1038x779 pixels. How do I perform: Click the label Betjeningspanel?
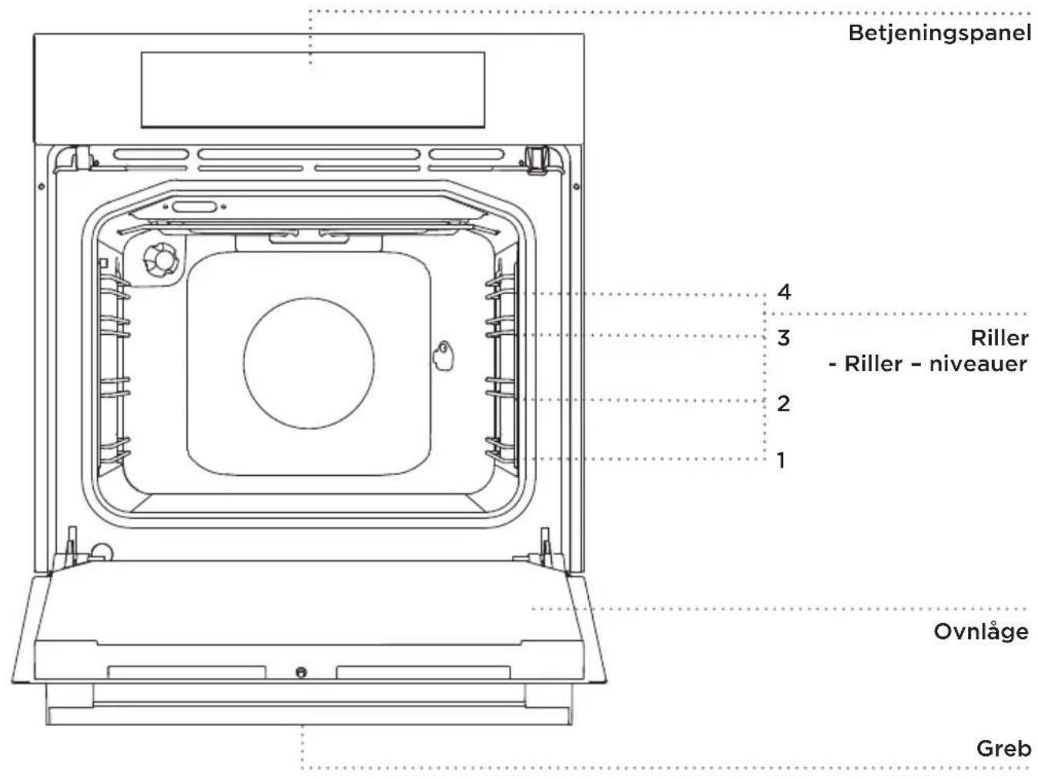pos(939,34)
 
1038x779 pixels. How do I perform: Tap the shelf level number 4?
pos(784,293)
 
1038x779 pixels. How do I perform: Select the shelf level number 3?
pos(783,338)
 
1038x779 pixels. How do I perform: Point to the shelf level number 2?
pos(783,403)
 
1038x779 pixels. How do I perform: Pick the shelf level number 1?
pos(782,460)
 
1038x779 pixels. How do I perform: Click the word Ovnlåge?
pos(980,631)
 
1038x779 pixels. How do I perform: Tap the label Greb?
pos(1003,748)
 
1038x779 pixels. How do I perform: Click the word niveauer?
pos(978,364)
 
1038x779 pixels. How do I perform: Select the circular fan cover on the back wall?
pos(308,363)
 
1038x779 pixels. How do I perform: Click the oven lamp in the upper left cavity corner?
pos(161,260)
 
